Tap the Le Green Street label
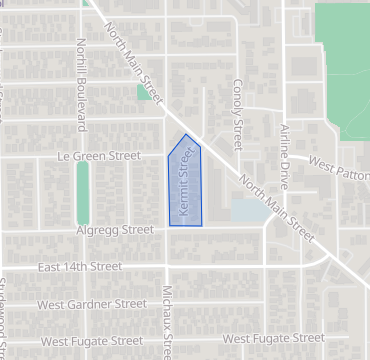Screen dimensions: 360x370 coord(99,156)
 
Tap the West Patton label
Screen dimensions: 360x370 coord(339,164)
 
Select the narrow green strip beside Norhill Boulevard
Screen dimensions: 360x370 coord(82,192)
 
